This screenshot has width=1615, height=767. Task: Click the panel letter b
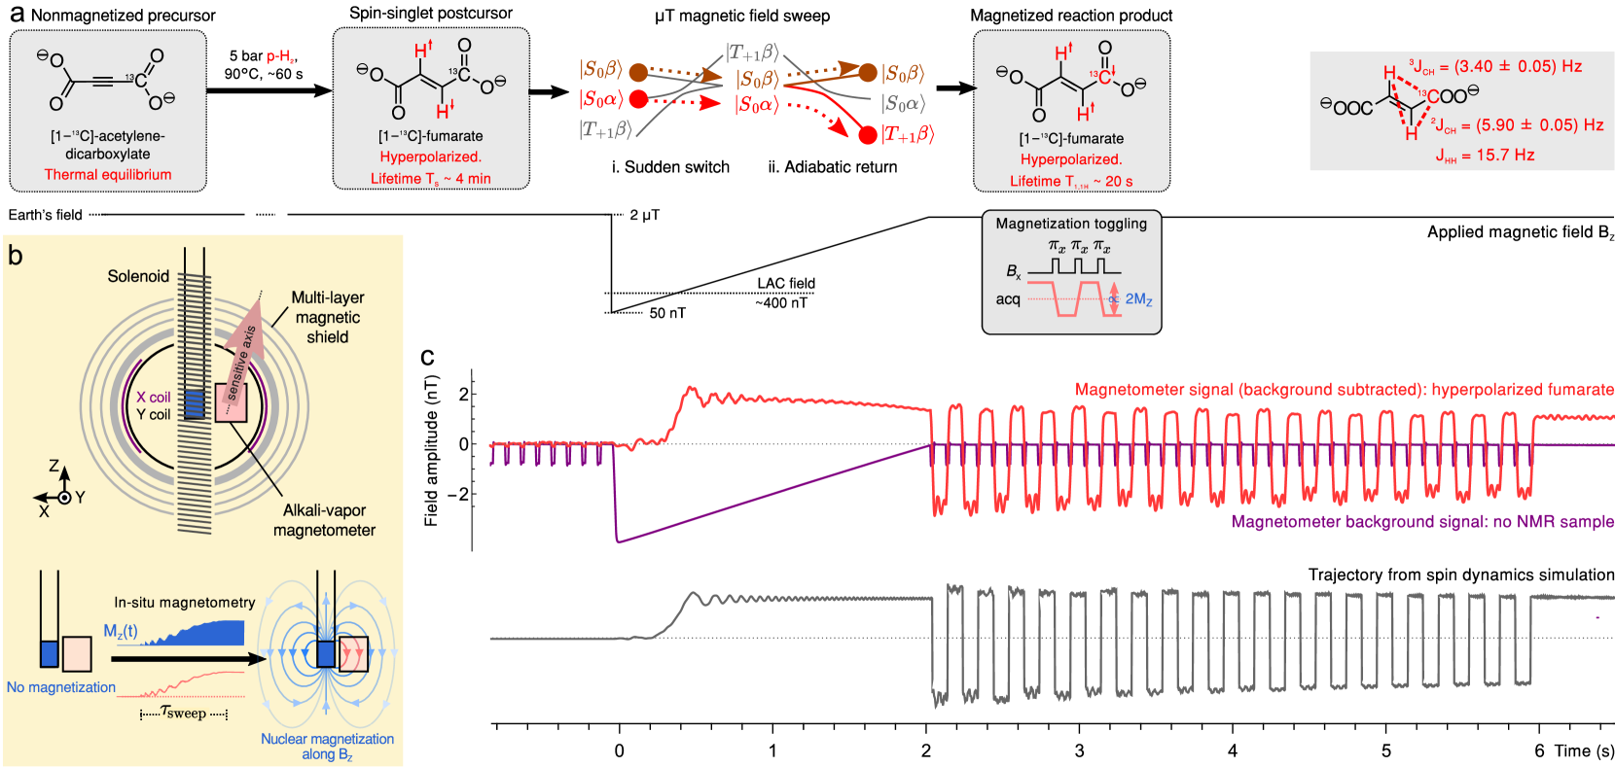(16, 255)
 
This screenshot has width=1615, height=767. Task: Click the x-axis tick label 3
(1079, 750)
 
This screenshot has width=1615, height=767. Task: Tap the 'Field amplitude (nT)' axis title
(432, 451)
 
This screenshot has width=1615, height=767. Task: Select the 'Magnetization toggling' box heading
(1071, 224)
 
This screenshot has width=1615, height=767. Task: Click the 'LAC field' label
(786, 284)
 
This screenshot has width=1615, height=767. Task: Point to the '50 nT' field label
(667, 313)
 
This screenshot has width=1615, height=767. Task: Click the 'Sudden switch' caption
(670, 167)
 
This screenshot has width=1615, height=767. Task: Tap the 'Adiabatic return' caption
(832, 167)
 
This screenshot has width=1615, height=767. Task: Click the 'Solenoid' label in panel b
(138, 276)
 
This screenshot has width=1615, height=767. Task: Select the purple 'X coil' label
(153, 397)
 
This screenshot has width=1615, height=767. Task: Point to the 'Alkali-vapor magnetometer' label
(324, 520)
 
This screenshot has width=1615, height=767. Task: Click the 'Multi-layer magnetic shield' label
(328, 317)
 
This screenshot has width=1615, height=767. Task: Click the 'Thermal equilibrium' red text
(108, 175)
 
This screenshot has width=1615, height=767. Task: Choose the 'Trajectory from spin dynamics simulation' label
(1461, 575)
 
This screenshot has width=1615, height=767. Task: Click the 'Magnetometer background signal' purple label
(1422, 522)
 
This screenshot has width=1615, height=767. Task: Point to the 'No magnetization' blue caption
(61, 687)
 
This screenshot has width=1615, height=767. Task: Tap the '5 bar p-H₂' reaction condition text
(264, 56)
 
